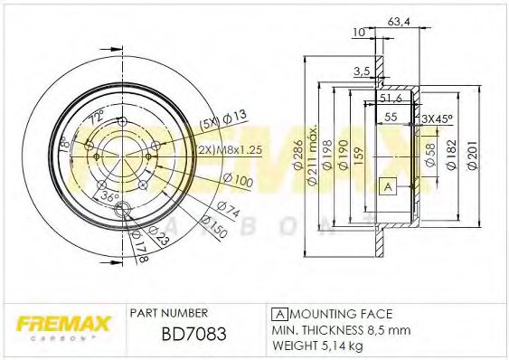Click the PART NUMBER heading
(x=169, y=313)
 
